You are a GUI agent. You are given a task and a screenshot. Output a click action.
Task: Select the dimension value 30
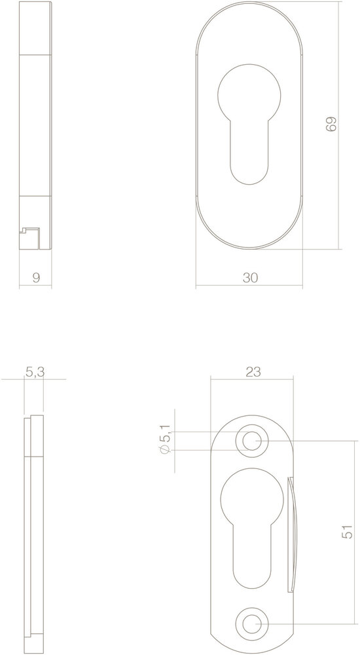(250, 277)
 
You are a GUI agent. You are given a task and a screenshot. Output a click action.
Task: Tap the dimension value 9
(36, 277)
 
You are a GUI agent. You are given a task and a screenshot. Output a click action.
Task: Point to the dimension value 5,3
(35, 372)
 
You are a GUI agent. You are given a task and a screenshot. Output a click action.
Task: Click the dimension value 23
(253, 372)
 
